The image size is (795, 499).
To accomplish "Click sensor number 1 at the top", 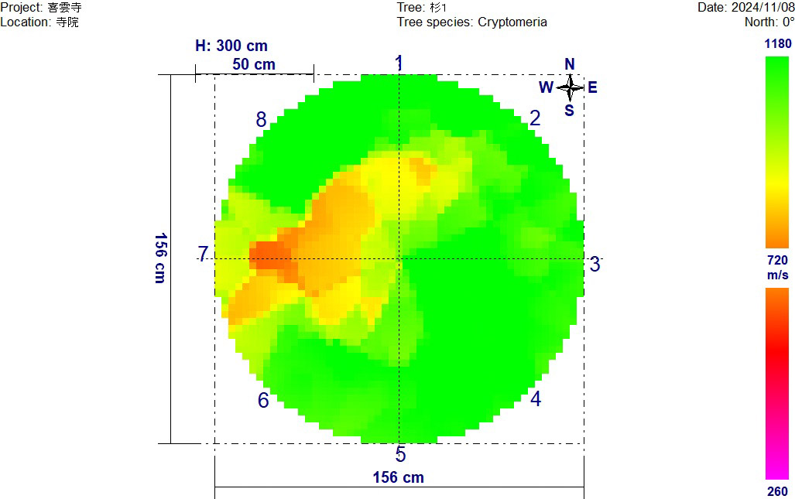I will coord(399,63).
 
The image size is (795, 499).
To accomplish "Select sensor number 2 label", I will coord(535,118).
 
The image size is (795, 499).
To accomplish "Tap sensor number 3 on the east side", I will coord(595,265).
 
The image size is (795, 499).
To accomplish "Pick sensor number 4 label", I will coord(536,399).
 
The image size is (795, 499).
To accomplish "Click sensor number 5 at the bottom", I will coord(400,455).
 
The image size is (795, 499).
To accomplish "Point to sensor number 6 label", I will coord(263,401).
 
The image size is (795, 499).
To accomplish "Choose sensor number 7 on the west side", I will coord(203,254).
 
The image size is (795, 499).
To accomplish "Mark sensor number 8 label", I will coord(262,120).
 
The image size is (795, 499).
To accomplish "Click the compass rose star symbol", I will coord(570,87).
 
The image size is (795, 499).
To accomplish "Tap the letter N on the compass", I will coord(570,64).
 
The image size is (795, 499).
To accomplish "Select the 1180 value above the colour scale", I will coord(777,44).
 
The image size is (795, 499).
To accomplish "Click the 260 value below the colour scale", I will coord(777,491).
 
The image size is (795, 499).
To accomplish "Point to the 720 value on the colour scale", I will coord(777,261).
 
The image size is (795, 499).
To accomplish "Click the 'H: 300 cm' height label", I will coord(231,46).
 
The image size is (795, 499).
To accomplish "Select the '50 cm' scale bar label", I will coord(254,65).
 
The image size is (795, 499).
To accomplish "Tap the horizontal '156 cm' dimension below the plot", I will coord(399,477).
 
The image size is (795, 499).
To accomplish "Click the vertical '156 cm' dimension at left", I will coord(159,258).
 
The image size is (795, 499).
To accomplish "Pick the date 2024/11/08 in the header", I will coord(762,7).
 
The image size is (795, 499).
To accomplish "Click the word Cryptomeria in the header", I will coord(512,22).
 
